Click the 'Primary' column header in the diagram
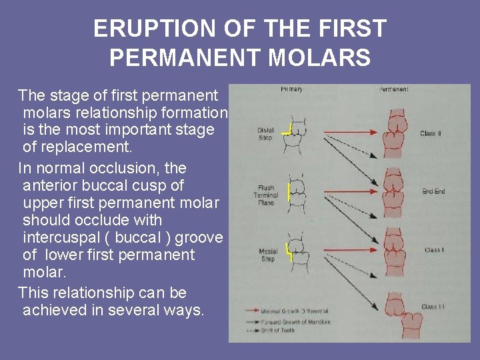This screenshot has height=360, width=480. [291, 89]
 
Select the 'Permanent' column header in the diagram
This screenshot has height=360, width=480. [393, 89]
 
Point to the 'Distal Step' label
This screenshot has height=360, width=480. [265, 133]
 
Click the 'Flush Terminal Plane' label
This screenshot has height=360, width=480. [266, 195]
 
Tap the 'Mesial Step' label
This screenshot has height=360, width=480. [267, 255]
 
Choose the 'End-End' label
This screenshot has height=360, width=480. [433, 192]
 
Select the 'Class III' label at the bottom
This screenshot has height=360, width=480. [433, 307]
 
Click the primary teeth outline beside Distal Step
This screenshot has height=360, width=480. [299, 135]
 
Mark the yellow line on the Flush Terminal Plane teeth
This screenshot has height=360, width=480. [288, 193]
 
